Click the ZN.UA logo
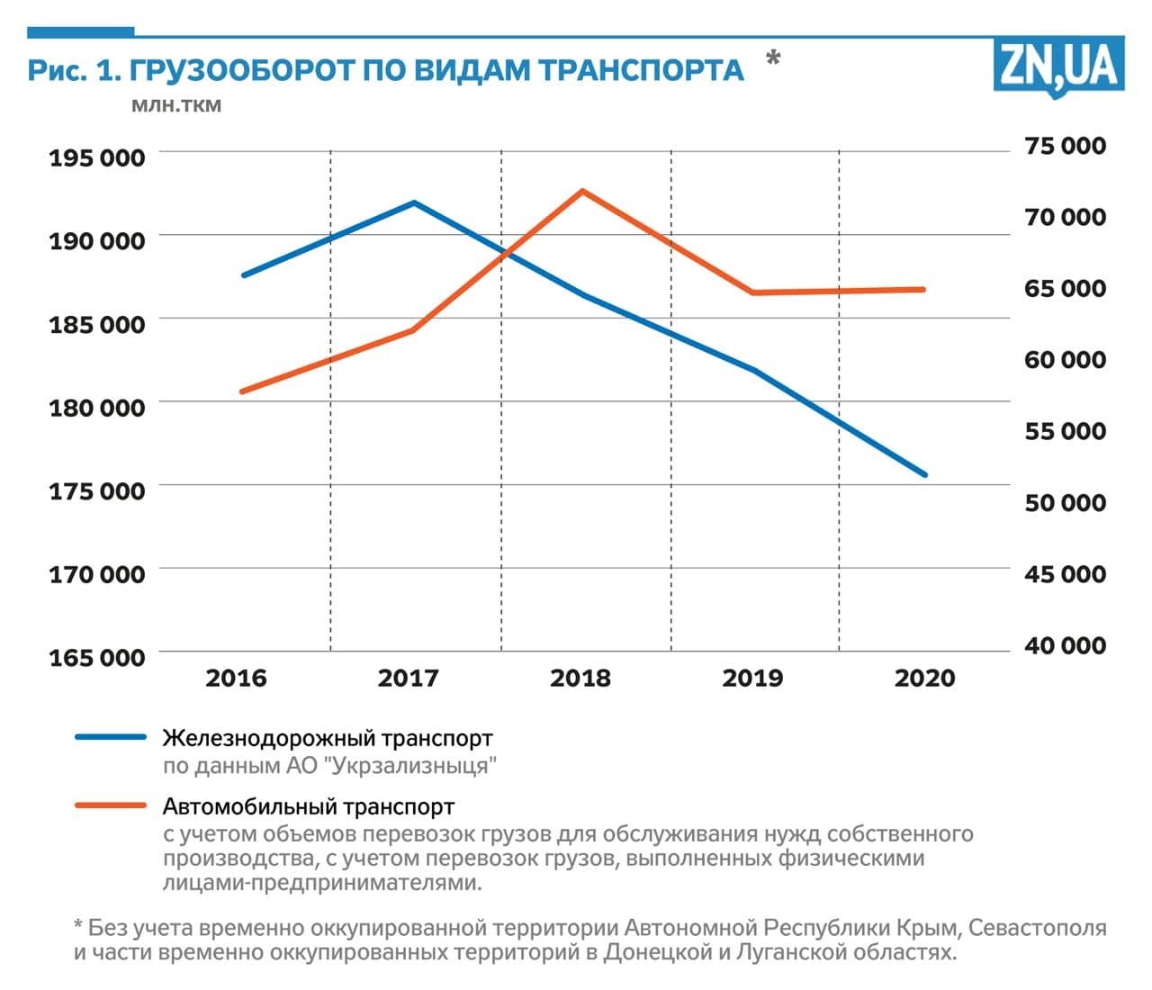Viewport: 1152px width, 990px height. pyautogui.click(x=1059, y=67)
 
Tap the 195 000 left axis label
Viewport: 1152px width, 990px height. pyautogui.click(x=96, y=157)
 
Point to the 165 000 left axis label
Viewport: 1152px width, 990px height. pyautogui.click(x=96, y=657)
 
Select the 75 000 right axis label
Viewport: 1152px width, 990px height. pyautogui.click(x=1065, y=146)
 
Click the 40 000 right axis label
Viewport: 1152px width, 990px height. pyautogui.click(x=1065, y=645)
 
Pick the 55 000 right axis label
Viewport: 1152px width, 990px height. pyautogui.click(x=1065, y=431)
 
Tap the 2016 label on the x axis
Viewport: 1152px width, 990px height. pyautogui.click(x=236, y=678)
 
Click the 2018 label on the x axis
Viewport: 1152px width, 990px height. pyautogui.click(x=580, y=678)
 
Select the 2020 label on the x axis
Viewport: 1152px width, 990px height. pyautogui.click(x=924, y=678)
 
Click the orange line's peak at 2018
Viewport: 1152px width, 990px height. pyautogui.click(x=583, y=191)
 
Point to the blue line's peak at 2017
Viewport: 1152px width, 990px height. pyautogui.click(x=414, y=202)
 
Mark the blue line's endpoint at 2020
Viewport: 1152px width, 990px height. pyautogui.click(x=924, y=474)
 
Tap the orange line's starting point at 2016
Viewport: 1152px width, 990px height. pyautogui.click(x=242, y=391)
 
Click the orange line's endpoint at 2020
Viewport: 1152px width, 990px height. pyautogui.click(x=923, y=290)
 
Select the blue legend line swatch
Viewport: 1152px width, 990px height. pyautogui.click(x=111, y=737)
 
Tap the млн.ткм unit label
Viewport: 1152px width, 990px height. pyautogui.click(x=176, y=105)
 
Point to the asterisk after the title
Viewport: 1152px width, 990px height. pyautogui.click(x=772, y=60)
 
